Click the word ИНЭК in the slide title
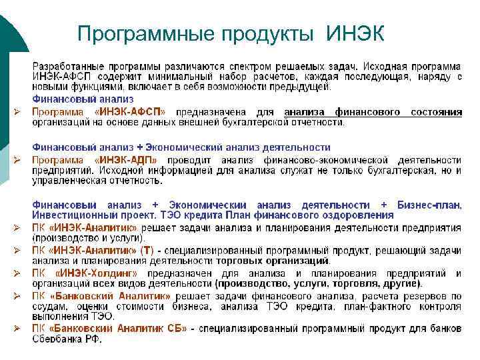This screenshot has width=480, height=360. coord(355,32)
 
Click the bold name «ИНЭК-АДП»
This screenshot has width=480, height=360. coord(127,160)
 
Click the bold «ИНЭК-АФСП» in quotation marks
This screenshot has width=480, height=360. coord(130,112)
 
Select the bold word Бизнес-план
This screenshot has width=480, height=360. coord(429,205)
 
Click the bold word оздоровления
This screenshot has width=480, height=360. coord(359,215)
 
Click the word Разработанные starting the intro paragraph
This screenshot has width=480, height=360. coord(67,67)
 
